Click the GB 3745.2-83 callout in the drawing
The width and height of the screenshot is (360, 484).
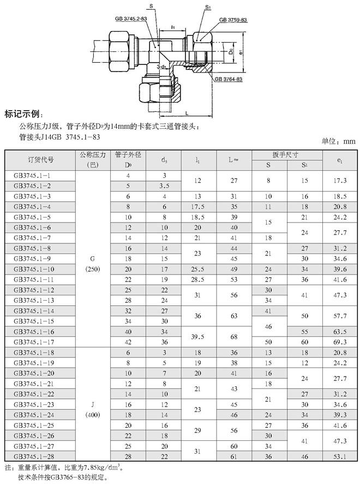click(132, 18)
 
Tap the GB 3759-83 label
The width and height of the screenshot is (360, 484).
click(233, 20)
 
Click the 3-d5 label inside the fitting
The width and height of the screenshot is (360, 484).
click(162, 67)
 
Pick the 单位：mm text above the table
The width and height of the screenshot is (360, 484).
click(338, 141)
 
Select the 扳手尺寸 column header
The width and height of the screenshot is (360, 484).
click(285, 154)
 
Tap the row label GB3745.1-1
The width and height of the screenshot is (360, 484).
click(32, 175)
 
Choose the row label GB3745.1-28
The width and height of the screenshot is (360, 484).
click(33, 456)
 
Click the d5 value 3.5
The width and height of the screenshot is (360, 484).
click(164, 186)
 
